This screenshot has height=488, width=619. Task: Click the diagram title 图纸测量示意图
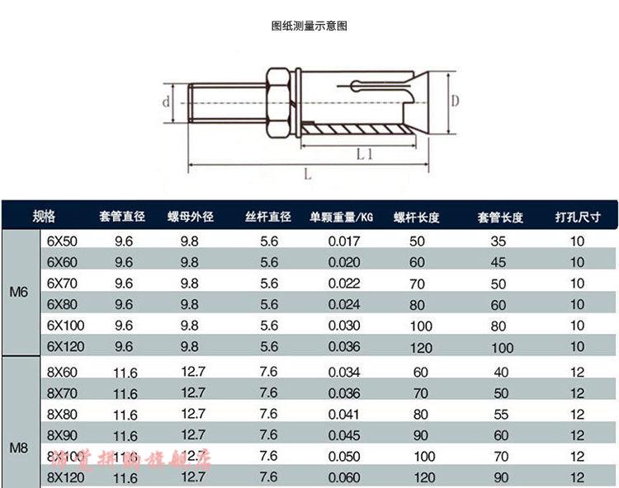309,26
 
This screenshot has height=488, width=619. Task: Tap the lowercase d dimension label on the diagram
166,102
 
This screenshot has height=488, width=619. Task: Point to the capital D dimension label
454,101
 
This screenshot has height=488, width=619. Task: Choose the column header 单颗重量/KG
342,218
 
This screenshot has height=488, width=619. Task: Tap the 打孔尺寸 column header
577,218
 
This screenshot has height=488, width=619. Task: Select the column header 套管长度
500,218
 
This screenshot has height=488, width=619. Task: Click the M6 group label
19,293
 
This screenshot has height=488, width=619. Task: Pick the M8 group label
19,449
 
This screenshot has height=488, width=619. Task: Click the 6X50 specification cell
61,242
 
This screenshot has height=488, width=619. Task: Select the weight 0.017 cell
343,242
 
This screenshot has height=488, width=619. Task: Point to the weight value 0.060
343,476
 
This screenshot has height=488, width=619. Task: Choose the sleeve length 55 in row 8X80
500,414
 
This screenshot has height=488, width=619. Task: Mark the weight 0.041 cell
343,414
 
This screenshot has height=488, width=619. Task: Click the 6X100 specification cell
64,326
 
